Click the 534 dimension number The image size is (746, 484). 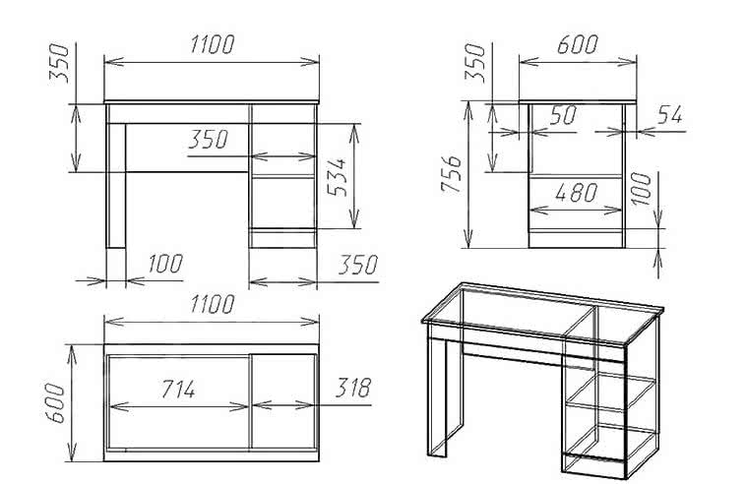pyautogui.click(x=338, y=178)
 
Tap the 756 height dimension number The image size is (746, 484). pyautogui.click(x=451, y=174)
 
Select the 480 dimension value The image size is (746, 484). pyautogui.click(x=576, y=193)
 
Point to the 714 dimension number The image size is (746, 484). pyautogui.click(x=178, y=390)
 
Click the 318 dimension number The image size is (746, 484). pyautogui.click(x=353, y=388)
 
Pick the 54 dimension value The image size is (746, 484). pyautogui.click(x=670, y=114)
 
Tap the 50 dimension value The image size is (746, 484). pyautogui.click(x=563, y=115)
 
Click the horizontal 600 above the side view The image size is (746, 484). pyautogui.click(x=577, y=44)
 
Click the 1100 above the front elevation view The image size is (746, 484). pyautogui.click(x=213, y=44)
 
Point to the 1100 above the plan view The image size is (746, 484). pyautogui.click(x=213, y=304)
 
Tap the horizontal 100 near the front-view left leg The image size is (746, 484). pyautogui.click(x=165, y=264)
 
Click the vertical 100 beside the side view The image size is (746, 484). pyautogui.click(x=642, y=189)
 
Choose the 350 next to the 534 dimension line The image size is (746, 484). pyautogui.click(x=209, y=140)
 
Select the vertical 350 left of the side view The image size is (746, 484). pyautogui.click(x=475, y=63)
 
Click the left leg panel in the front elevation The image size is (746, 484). pyautogui.click(x=115, y=185)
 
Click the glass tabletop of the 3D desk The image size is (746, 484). pyautogui.click(x=542, y=313)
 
